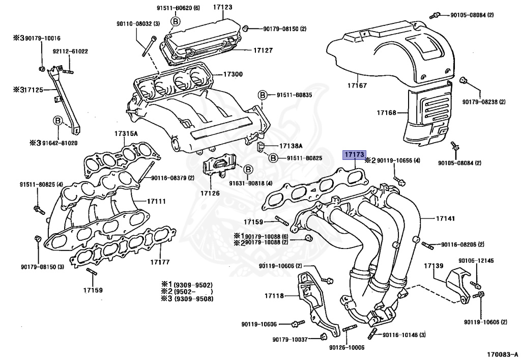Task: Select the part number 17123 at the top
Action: pyautogui.click(x=222, y=8)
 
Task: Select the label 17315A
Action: pyautogui.click(x=126, y=133)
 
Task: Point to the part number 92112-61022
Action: pyautogui.click(x=70, y=51)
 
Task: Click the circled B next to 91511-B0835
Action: pyautogui.click(x=263, y=95)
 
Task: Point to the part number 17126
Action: pyautogui.click(x=210, y=193)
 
